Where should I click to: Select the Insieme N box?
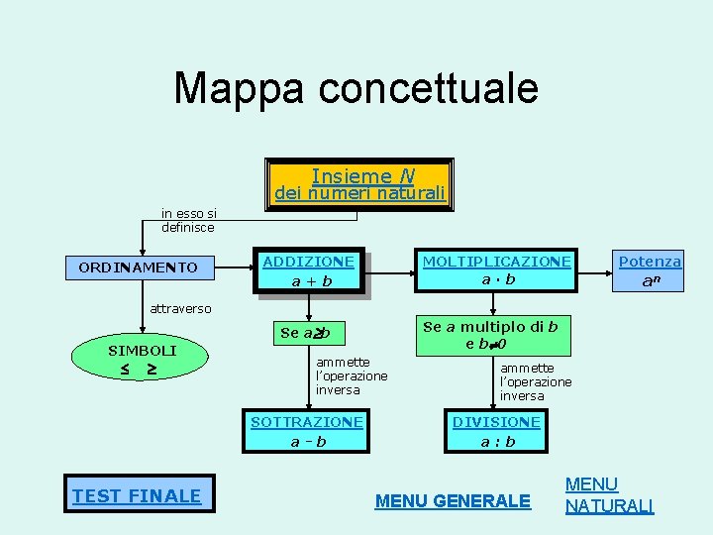pos(360,183)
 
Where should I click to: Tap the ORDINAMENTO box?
pos(138,267)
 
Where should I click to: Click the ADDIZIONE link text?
pos(308,262)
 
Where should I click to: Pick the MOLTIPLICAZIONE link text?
pos(497,262)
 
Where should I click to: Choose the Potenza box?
pos(650,270)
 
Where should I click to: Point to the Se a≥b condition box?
pos(305,333)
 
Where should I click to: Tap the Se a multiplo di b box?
pos(490,335)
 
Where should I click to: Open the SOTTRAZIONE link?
pos(307,422)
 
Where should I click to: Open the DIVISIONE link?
pos(497,422)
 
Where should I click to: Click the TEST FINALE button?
pos(137,495)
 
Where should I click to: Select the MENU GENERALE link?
pos(453,501)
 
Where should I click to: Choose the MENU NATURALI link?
pos(609,495)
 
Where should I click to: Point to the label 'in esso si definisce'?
pos(189,220)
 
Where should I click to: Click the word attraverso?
pos(180,308)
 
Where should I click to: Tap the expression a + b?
pos(312,281)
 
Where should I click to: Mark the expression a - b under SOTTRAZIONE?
pos(308,441)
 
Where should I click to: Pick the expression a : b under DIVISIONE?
pos(498,441)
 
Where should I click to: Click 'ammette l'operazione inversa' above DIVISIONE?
pos(536,381)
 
